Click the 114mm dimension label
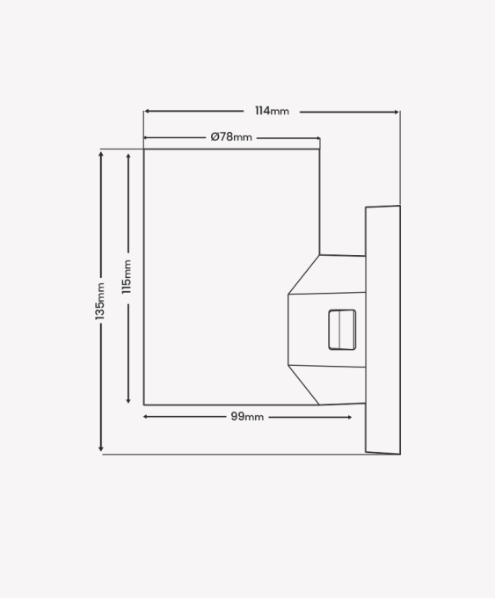coord(272,111)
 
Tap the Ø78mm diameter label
coord(231,137)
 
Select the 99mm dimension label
coord(247,417)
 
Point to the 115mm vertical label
coord(127,277)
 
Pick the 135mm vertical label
coord(99,302)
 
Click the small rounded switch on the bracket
coord(342,330)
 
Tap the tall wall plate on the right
coord(382,330)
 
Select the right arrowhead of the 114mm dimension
coord(397,112)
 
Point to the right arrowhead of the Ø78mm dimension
coord(317,138)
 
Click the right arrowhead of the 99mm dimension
coord(349,417)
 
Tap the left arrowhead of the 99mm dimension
coord(146,417)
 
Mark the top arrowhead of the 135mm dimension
coord(101,154)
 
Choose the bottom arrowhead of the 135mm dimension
coord(101,448)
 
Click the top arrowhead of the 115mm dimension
coord(128,157)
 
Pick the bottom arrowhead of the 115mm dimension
coord(128,400)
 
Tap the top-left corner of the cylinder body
coord(144,149)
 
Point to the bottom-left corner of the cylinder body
coord(144,405)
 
